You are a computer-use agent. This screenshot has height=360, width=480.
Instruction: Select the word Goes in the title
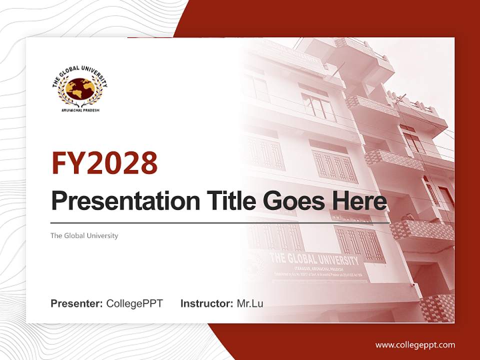click(x=292, y=201)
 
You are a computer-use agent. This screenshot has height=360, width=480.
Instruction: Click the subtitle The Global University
click(x=84, y=235)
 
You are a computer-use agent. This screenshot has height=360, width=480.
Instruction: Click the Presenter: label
click(x=77, y=303)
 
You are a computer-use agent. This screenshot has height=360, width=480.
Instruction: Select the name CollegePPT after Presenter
click(x=134, y=303)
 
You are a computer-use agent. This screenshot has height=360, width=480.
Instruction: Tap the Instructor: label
click(x=206, y=303)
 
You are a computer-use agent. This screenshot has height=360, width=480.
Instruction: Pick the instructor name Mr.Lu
click(x=250, y=303)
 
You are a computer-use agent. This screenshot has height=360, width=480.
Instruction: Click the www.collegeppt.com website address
click(x=415, y=345)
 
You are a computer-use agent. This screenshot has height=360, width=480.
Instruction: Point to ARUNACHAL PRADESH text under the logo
click(x=80, y=110)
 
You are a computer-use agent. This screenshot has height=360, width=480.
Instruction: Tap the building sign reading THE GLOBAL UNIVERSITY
click(x=314, y=260)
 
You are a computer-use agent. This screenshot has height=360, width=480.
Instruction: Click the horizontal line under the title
click(x=220, y=222)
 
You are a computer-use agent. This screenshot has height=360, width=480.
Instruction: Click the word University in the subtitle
click(x=103, y=235)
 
